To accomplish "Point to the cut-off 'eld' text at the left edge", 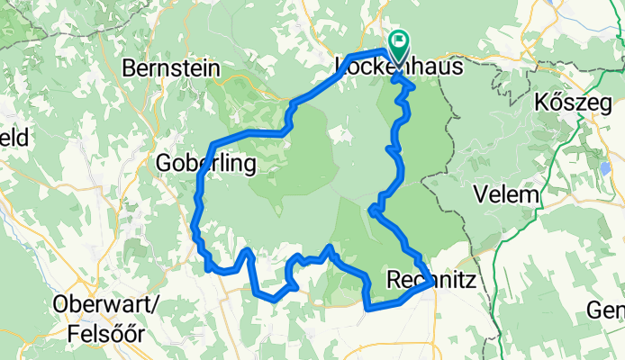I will pos(14,138).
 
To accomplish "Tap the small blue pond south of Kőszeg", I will pos(602,166).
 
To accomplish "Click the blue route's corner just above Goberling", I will pos(212,145).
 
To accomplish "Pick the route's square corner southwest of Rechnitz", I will pos(367,308).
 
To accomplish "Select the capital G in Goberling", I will pos(163,163).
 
